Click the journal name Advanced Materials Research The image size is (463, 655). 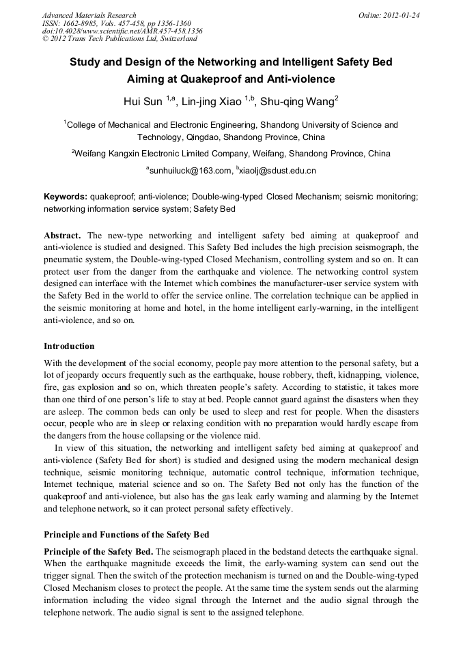[x=89, y=15]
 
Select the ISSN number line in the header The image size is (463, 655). [x=116, y=23]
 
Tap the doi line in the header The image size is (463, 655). [x=122, y=31]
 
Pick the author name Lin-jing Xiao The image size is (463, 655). [x=212, y=102]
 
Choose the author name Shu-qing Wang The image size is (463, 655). [x=298, y=102]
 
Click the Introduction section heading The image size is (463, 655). [x=69, y=346]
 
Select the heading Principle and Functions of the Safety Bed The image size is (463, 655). [x=126, y=533]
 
